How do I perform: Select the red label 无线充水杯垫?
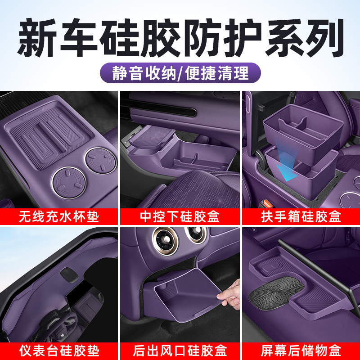coord(58,216)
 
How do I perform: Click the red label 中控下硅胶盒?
coord(180,216)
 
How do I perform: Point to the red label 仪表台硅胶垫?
coord(58,350)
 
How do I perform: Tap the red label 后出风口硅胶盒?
coord(180,350)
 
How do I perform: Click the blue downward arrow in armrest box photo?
coord(283,169)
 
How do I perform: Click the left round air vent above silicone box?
coord(164,238)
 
